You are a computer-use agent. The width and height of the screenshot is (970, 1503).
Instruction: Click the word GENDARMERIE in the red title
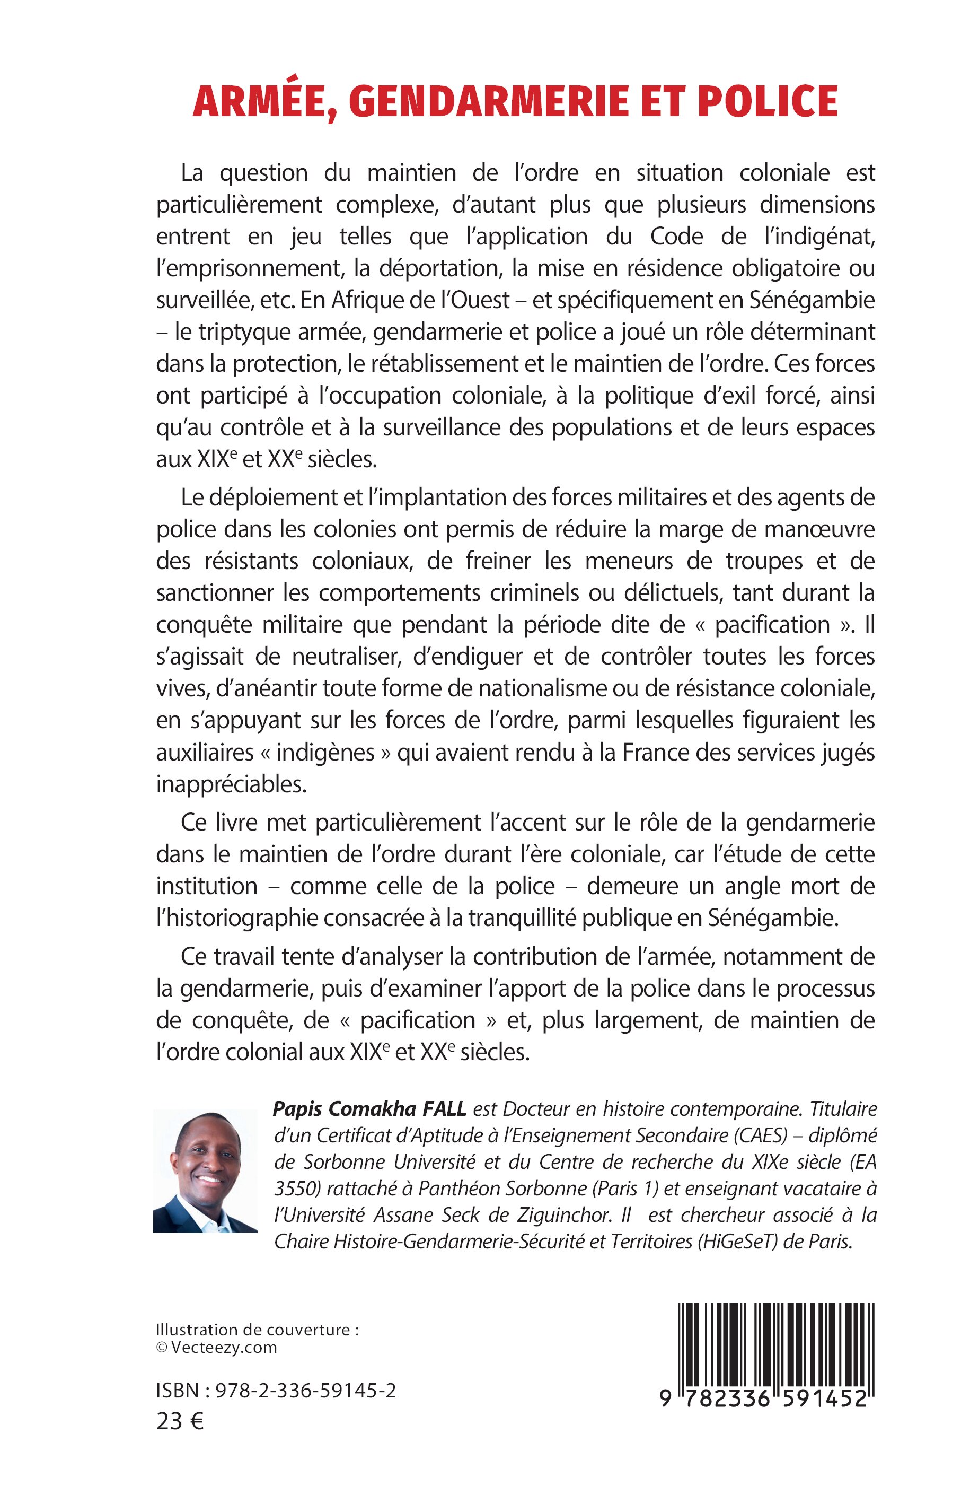point(488,101)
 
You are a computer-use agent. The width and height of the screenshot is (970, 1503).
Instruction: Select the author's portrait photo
point(205,1172)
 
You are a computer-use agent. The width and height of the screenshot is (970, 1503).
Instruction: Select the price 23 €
point(180,1422)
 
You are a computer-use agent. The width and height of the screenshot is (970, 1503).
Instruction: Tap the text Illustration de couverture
point(257,1330)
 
